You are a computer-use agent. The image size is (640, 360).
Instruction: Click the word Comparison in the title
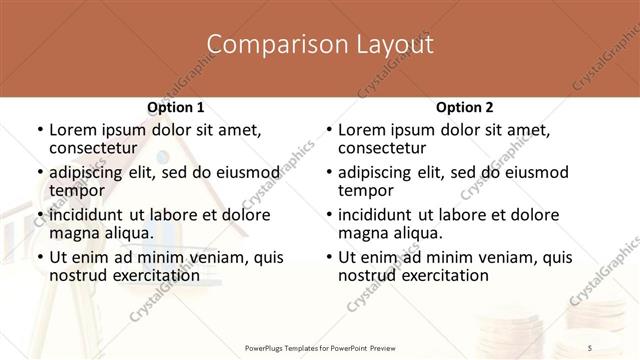coord(264,45)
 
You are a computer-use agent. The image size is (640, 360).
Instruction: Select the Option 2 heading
coord(464,107)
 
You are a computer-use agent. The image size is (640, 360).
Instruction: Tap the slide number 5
coord(589,347)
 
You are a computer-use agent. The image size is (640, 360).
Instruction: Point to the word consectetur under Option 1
coord(94,149)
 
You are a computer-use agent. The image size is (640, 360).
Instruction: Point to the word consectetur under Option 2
coord(383,149)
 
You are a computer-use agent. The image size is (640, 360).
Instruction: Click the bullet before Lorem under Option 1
coord(39,131)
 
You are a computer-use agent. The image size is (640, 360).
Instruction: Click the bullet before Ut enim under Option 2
coord(328,257)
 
